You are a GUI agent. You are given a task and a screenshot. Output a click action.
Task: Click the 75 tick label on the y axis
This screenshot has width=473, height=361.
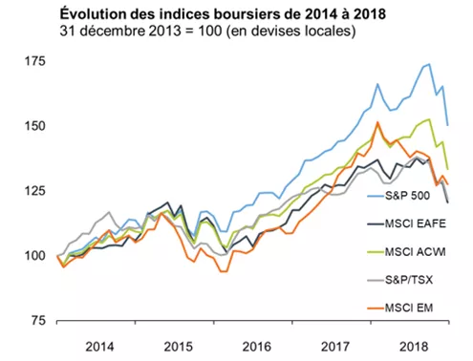coord(36,321)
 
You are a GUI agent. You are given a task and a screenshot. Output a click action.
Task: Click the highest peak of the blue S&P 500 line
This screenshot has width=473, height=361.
coord(428,64)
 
